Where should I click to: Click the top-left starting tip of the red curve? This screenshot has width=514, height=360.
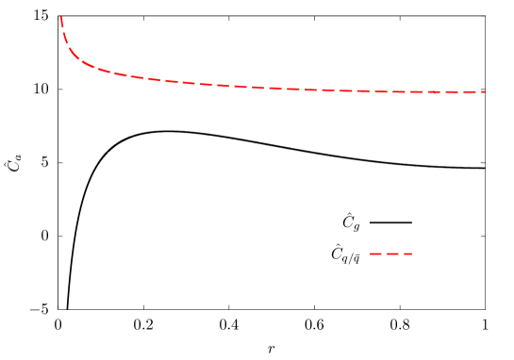61,17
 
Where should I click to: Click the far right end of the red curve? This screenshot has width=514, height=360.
484,91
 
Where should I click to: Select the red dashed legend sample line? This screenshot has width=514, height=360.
391,254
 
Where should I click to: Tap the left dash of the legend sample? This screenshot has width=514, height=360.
375,254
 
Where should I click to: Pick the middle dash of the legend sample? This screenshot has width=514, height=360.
392,254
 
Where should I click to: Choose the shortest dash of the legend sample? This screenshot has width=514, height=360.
407,254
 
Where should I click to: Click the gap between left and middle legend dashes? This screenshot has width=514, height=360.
384,254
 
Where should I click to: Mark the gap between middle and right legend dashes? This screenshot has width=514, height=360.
401,254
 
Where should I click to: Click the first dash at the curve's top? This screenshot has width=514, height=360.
62,22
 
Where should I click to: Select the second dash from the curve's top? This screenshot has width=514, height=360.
65,38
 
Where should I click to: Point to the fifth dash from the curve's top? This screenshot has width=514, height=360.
104,71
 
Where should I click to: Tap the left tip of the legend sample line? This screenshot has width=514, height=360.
370,254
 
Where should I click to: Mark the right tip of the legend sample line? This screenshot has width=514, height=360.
412,254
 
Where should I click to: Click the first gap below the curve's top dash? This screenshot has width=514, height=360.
63,30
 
